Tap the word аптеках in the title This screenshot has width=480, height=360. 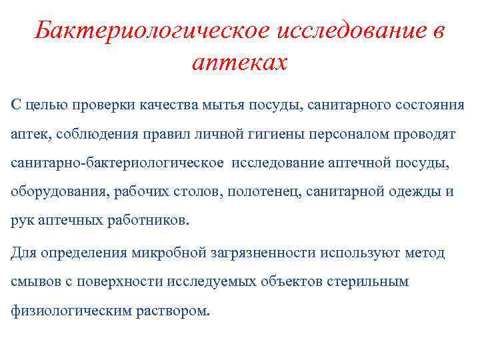pos(239,63)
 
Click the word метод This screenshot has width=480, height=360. pos(424,253)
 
